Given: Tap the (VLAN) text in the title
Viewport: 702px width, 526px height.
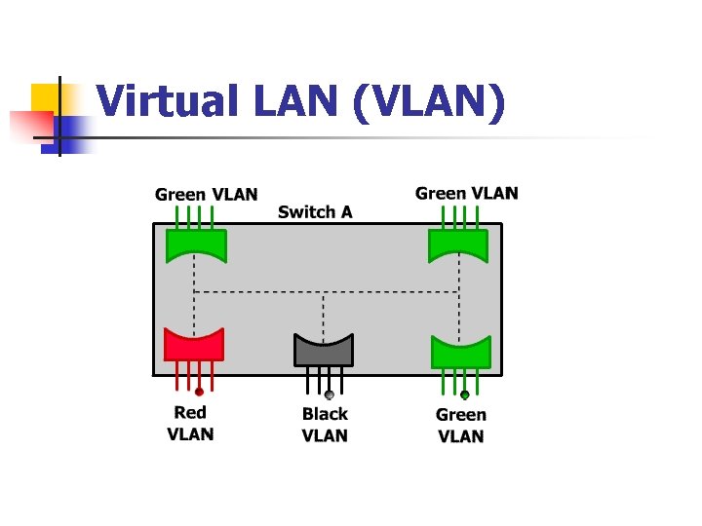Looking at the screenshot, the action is click(429, 102).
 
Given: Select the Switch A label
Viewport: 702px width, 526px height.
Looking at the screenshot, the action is click(315, 211).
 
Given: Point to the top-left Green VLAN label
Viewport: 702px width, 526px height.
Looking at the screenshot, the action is click(206, 194).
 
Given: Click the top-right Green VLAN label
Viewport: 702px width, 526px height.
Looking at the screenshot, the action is click(466, 193).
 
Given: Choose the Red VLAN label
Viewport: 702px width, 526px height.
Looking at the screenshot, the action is click(190, 424).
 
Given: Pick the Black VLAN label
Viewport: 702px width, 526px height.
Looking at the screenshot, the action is click(325, 426).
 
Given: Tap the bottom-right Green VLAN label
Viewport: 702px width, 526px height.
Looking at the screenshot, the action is click(460, 426).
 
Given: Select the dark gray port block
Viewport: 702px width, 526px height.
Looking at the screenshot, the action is click(324, 349).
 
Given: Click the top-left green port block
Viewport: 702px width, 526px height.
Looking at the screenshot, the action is click(196, 244).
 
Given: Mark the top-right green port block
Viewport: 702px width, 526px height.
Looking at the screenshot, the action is click(458, 244).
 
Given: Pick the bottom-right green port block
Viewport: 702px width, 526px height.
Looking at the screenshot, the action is click(460, 350).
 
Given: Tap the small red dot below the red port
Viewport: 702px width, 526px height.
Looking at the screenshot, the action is click(199, 392).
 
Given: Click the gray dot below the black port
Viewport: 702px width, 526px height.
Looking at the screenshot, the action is click(330, 394).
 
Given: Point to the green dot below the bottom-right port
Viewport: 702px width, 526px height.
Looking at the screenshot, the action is click(465, 394).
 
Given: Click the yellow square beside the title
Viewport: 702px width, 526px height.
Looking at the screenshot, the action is click(46, 98).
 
